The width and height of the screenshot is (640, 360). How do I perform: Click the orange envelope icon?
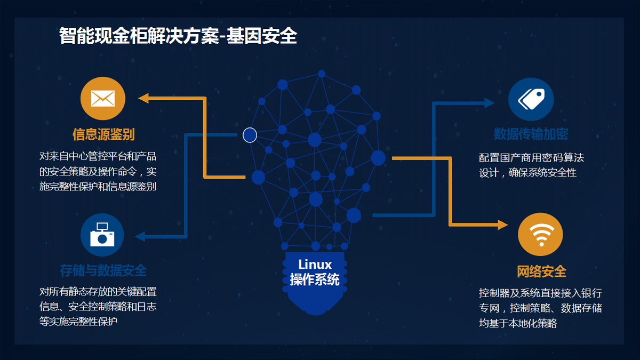point(103,99)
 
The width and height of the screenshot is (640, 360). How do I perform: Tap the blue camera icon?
point(102,235)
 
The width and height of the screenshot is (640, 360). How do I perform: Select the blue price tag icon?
point(531,99)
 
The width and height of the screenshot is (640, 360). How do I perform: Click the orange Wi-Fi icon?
point(540,234)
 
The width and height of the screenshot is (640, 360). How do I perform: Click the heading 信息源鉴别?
point(103,134)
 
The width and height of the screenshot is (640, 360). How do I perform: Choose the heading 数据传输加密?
point(531,134)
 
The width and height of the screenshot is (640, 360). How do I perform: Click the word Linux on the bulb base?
point(315,265)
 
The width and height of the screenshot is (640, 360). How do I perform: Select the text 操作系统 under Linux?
point(315,279)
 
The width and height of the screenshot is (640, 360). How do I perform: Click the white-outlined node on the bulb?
point(250,135)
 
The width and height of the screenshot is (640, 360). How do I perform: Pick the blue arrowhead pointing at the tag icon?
point(490,103)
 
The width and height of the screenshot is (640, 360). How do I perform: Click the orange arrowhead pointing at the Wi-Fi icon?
point(502,225)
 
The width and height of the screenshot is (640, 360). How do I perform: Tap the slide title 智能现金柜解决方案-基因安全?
point(178,36)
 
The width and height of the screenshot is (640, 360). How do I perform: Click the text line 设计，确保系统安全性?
point(527,172)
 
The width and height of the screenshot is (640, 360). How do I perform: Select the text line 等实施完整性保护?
point(78,321)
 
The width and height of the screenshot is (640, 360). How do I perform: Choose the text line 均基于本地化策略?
point(518,323)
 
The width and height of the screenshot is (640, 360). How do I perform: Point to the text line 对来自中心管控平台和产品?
point(98,157)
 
